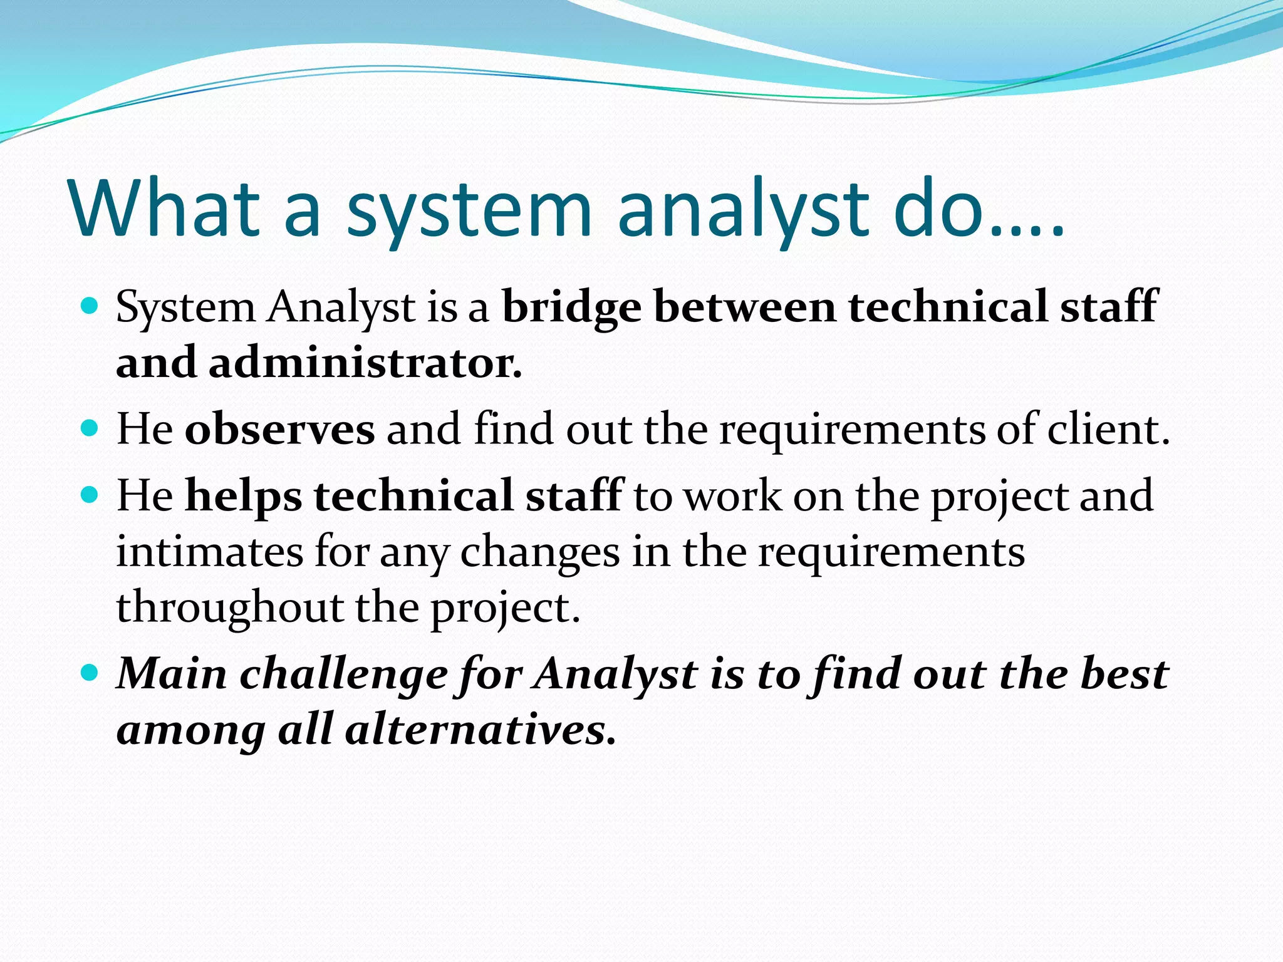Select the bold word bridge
(x=571, y=308)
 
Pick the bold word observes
(x=279, y=430)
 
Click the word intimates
(x=209, y=552)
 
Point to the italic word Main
(x=172, y=675)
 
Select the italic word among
(x=191, y=732)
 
